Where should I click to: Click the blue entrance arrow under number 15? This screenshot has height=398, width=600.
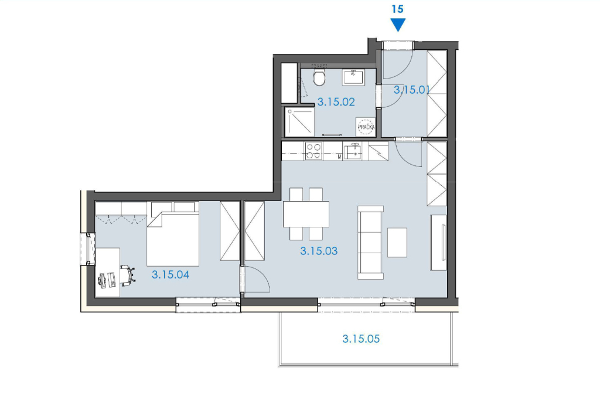(x=398, y=25)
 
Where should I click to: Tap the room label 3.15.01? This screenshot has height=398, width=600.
(x=412, y=90)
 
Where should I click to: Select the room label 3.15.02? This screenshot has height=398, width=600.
(x=336, y=102)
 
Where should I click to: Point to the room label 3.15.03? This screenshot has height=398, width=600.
(x=319, y=251)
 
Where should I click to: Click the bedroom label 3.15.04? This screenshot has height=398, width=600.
(x=171, y=275)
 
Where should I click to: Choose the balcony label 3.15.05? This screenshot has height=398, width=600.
(x=361, y=339)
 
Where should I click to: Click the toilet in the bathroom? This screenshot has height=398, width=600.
(x=319, y=77)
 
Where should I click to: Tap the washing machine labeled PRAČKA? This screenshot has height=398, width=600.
(x=366, y=127)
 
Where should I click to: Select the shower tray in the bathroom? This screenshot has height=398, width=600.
(x=299, y=122)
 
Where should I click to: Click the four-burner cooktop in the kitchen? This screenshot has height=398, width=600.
(x=313, y=151)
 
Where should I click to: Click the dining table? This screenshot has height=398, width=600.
(x=306, y=215)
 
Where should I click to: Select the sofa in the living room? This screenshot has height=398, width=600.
(x=370, y=243)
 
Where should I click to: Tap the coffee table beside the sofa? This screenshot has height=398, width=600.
(x=397, y=243)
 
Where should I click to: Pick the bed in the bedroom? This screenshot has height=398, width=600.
(x=173, y=234)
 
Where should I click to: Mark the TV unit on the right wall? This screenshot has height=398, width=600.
(x=438, y=243)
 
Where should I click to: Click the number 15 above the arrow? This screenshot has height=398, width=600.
(x=398, y=9)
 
